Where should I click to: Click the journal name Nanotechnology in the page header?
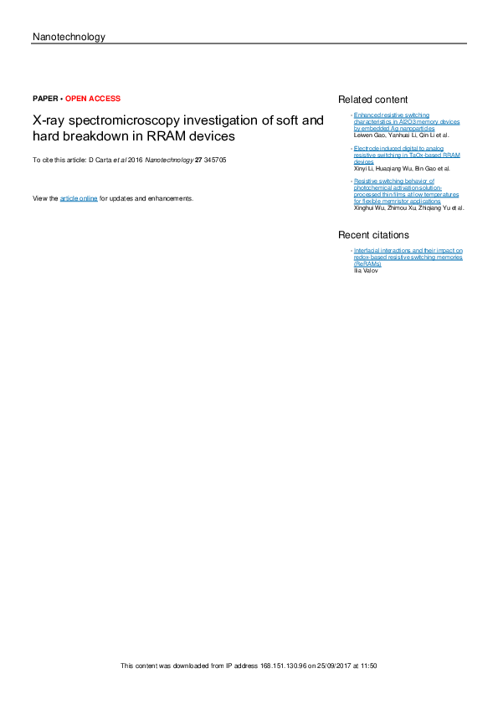click(68, 37)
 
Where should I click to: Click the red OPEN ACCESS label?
click(93, 99)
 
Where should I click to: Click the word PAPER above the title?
click(44, 99)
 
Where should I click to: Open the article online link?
click(79, 198)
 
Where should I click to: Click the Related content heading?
click(372, 99)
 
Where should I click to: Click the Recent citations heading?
click(373, 235)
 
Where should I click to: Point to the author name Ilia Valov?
click(366, 270)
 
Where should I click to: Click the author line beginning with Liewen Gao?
click(401, 135)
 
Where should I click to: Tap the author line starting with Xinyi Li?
click(402, 168)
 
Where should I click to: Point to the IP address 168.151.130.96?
click(277, 666)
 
